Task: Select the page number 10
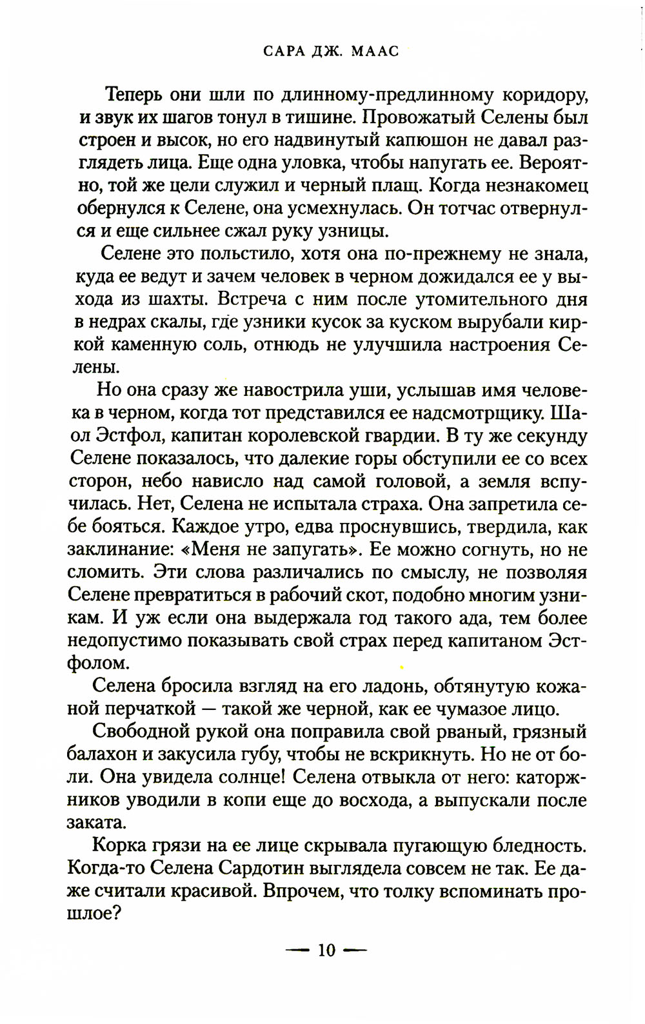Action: [x=326, y=950]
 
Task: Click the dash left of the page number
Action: [x=299, y=950]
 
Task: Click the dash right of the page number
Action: [x=355, y=950]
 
